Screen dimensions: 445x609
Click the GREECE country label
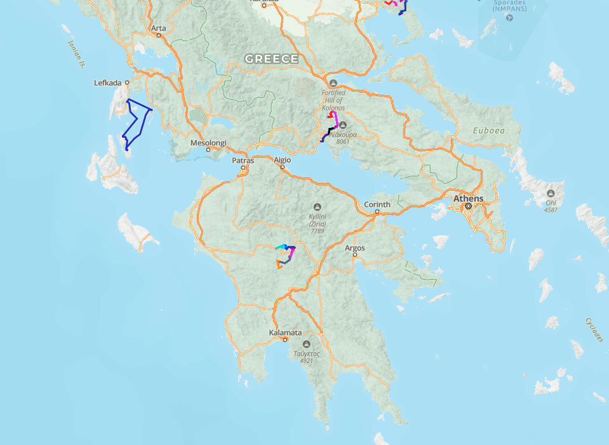click(271, 59)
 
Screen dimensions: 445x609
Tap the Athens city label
click(468, 198)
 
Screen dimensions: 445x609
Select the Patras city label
click(243, 160)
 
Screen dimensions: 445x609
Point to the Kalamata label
click(284, 332)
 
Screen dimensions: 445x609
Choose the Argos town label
click(355, 248)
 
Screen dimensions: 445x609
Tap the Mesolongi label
click(208, 143)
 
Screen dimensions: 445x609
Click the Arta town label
click(158, 28)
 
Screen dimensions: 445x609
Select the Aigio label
click(282, 160)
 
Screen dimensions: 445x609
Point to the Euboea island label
click(489, 131)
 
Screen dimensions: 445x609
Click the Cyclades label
click(592, 329)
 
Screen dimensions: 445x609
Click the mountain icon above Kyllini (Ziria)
click(318, 207)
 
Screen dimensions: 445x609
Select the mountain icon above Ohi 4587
click(551, 193)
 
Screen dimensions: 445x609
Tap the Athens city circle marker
click(468, 207)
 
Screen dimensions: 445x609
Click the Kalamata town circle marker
click(284, 339)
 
